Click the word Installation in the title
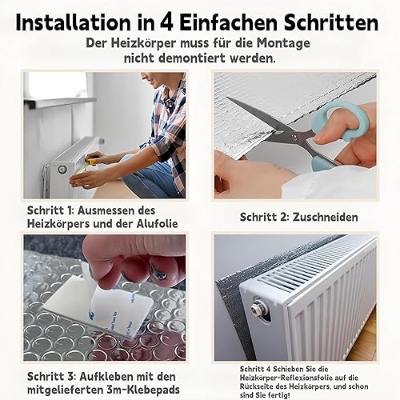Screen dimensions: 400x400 pos(73,22)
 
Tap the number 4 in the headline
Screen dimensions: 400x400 pos(167,23)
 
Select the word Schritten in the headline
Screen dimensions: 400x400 pos(331,22)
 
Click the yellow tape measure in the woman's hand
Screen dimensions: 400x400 pos(93,162)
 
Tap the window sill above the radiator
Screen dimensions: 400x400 pos(60,102)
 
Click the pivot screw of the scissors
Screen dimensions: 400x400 pos(294,137)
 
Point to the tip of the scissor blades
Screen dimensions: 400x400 pos(227,98)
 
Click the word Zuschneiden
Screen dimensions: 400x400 pos(326,218)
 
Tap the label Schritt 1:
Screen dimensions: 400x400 pos(50,210)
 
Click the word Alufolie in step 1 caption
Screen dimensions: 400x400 pos(157,223)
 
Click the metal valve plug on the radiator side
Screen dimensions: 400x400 pos(258,310)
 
